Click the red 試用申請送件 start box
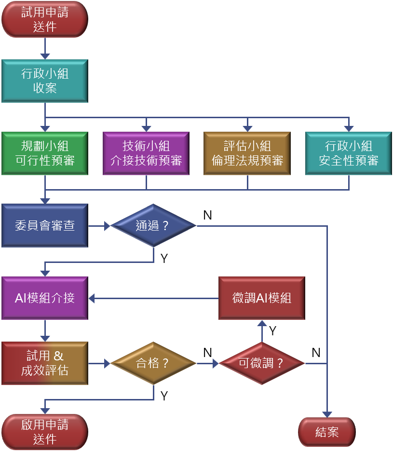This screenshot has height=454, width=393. coord(45,19)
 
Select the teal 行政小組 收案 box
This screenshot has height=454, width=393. coord(45,81)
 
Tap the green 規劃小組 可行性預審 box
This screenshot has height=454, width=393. coord(45,153)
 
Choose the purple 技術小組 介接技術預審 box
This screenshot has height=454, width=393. coord(146,153)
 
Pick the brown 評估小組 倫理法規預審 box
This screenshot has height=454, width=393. coord(247,153)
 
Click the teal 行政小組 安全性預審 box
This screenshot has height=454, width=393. coord(348,153)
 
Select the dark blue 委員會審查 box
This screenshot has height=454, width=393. coord(45,225)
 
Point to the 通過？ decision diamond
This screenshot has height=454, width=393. coord(153,225)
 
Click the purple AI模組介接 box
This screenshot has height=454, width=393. coord(45,298)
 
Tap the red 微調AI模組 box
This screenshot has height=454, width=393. coord(261,298)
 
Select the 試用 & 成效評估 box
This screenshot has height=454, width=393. coord(45,363)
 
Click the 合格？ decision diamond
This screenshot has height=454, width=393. coord(153,363)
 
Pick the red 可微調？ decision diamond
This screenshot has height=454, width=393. coord(261,363)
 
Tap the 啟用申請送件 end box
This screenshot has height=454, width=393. coord(45,431)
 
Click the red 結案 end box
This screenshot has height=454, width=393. coord(327,432)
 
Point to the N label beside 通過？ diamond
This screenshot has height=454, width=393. coord(208,215)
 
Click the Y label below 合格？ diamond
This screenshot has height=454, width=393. coord(164,396)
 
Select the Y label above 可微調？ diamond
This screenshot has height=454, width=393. coord(272,331)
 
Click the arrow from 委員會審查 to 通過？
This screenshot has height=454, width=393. coord(99,225)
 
